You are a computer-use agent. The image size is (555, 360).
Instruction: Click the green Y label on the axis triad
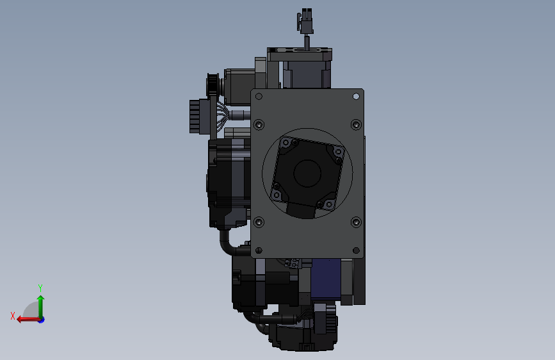40,288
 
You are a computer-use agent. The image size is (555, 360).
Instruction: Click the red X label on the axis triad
13,316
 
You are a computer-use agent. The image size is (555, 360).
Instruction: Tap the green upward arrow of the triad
41,306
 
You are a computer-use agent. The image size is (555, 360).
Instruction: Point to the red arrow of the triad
28,320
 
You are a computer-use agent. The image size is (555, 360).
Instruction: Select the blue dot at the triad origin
42,320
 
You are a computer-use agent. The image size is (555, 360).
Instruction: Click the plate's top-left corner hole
259,96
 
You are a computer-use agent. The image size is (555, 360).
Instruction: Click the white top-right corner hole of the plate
356,96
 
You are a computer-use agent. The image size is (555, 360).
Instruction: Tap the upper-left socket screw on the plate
259,125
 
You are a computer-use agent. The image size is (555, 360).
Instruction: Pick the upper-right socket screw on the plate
356,125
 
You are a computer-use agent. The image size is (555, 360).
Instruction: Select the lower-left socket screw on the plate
259,222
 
